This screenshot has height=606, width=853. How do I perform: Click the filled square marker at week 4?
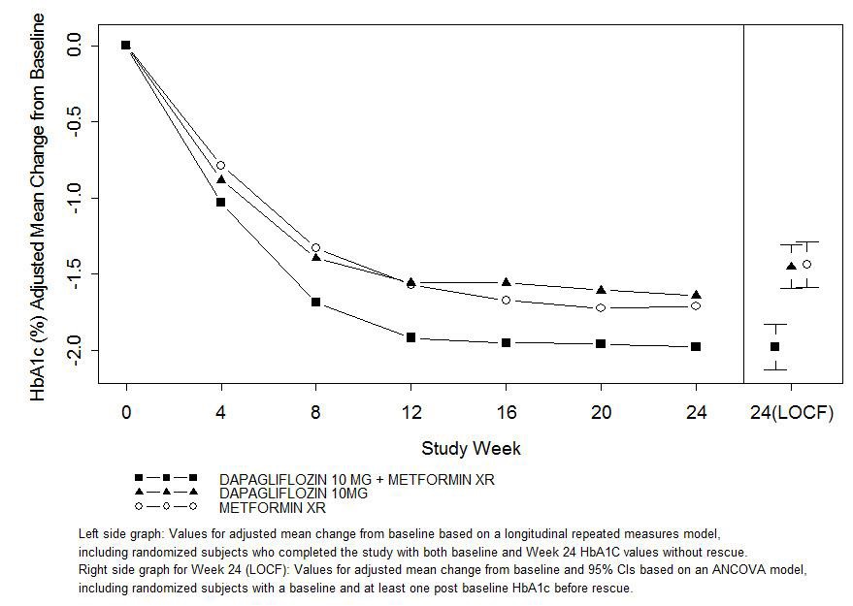pos(221,202)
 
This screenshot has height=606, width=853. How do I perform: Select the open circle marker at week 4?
pos(221,166)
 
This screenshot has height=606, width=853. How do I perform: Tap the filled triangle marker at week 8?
pos(316,257)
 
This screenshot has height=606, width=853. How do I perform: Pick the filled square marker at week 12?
pos(411,337)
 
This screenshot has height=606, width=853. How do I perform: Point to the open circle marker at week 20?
pos(601,307)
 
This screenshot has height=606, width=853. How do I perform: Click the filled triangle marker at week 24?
pos(696,295)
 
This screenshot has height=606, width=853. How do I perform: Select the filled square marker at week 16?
pos(506,342)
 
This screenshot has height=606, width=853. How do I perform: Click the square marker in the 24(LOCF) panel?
pos(774,346)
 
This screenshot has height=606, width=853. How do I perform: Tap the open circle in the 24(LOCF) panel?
pos(806,264)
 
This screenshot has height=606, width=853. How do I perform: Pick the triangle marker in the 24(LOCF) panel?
pos(791,266)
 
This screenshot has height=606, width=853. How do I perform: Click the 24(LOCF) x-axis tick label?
pos(791,413)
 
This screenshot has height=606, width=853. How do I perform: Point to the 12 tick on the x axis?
pos(411,413)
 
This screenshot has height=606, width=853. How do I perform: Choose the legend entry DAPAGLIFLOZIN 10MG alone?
pos(293,494)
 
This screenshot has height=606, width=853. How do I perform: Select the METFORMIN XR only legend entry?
pos(272,507)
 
